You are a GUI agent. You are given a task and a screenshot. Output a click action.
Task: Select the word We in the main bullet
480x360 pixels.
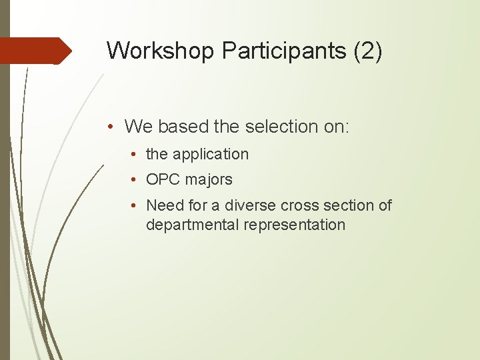tap(138, 126)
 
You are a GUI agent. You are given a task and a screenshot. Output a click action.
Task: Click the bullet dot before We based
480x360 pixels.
tap(115, 126)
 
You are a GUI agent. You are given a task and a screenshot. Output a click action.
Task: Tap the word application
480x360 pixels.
tap(210, 154)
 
